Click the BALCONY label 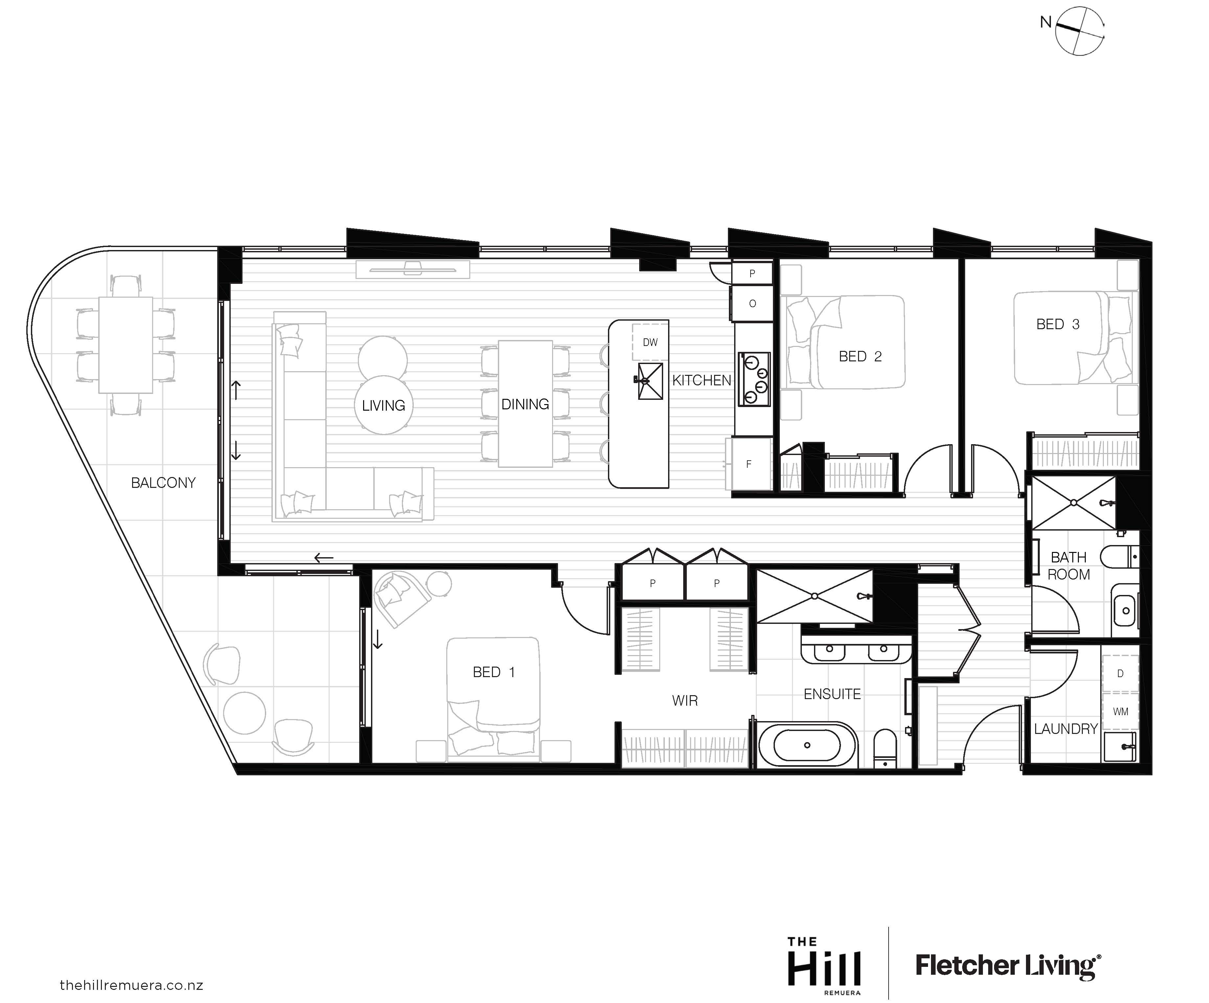click(x=164, y=483)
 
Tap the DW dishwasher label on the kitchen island click(x=650, y=342)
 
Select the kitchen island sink click(x=650, y=380)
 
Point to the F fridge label click(x=748, y=464)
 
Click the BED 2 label click(x=860, y=357)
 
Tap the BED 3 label click(x=1058, y=325)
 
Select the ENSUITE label click(x=832, y=694)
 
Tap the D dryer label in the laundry click(x=1120, y=673)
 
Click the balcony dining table click(x=126, y=345)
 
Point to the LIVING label click(x=384, y=406)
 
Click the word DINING click(x=525, y=404)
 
